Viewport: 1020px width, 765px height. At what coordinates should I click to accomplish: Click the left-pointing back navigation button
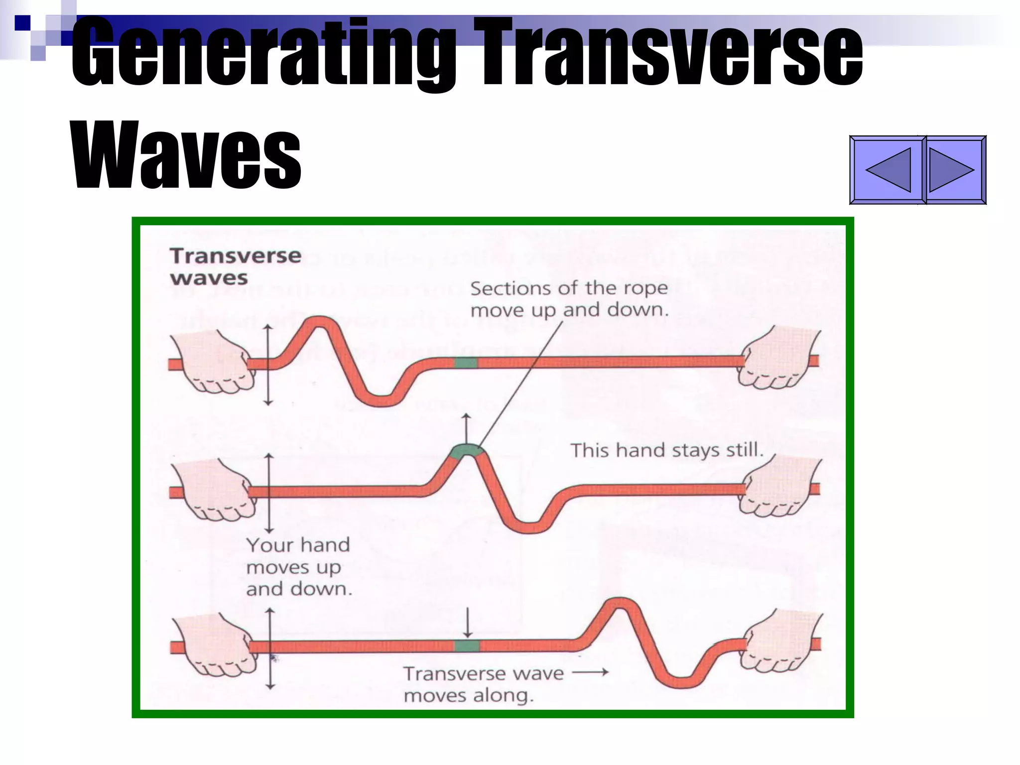point(888,170)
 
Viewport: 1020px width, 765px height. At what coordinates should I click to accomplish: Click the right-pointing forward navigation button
point(954,170)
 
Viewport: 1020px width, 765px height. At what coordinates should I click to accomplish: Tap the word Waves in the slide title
point(187,155)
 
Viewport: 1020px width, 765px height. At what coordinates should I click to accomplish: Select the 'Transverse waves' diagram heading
point(235,267)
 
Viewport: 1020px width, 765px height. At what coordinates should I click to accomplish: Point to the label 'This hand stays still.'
point(667,450)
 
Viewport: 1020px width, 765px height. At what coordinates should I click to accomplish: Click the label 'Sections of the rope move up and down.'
point(569,299)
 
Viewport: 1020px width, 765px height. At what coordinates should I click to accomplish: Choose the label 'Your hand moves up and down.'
point(299,567)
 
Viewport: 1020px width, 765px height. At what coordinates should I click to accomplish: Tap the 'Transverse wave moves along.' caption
point(483,684)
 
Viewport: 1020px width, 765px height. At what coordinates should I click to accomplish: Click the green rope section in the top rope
point(466,363)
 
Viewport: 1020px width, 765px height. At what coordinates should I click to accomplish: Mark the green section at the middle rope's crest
point(467,451)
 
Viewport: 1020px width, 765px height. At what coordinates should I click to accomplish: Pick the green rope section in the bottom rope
point(467,646)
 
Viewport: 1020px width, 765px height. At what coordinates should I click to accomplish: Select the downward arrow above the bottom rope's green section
point(467,622)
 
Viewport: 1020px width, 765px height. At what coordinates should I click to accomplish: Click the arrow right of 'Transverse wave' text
point(590,672)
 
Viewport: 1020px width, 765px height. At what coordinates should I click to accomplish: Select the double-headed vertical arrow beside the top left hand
point(268,365)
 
